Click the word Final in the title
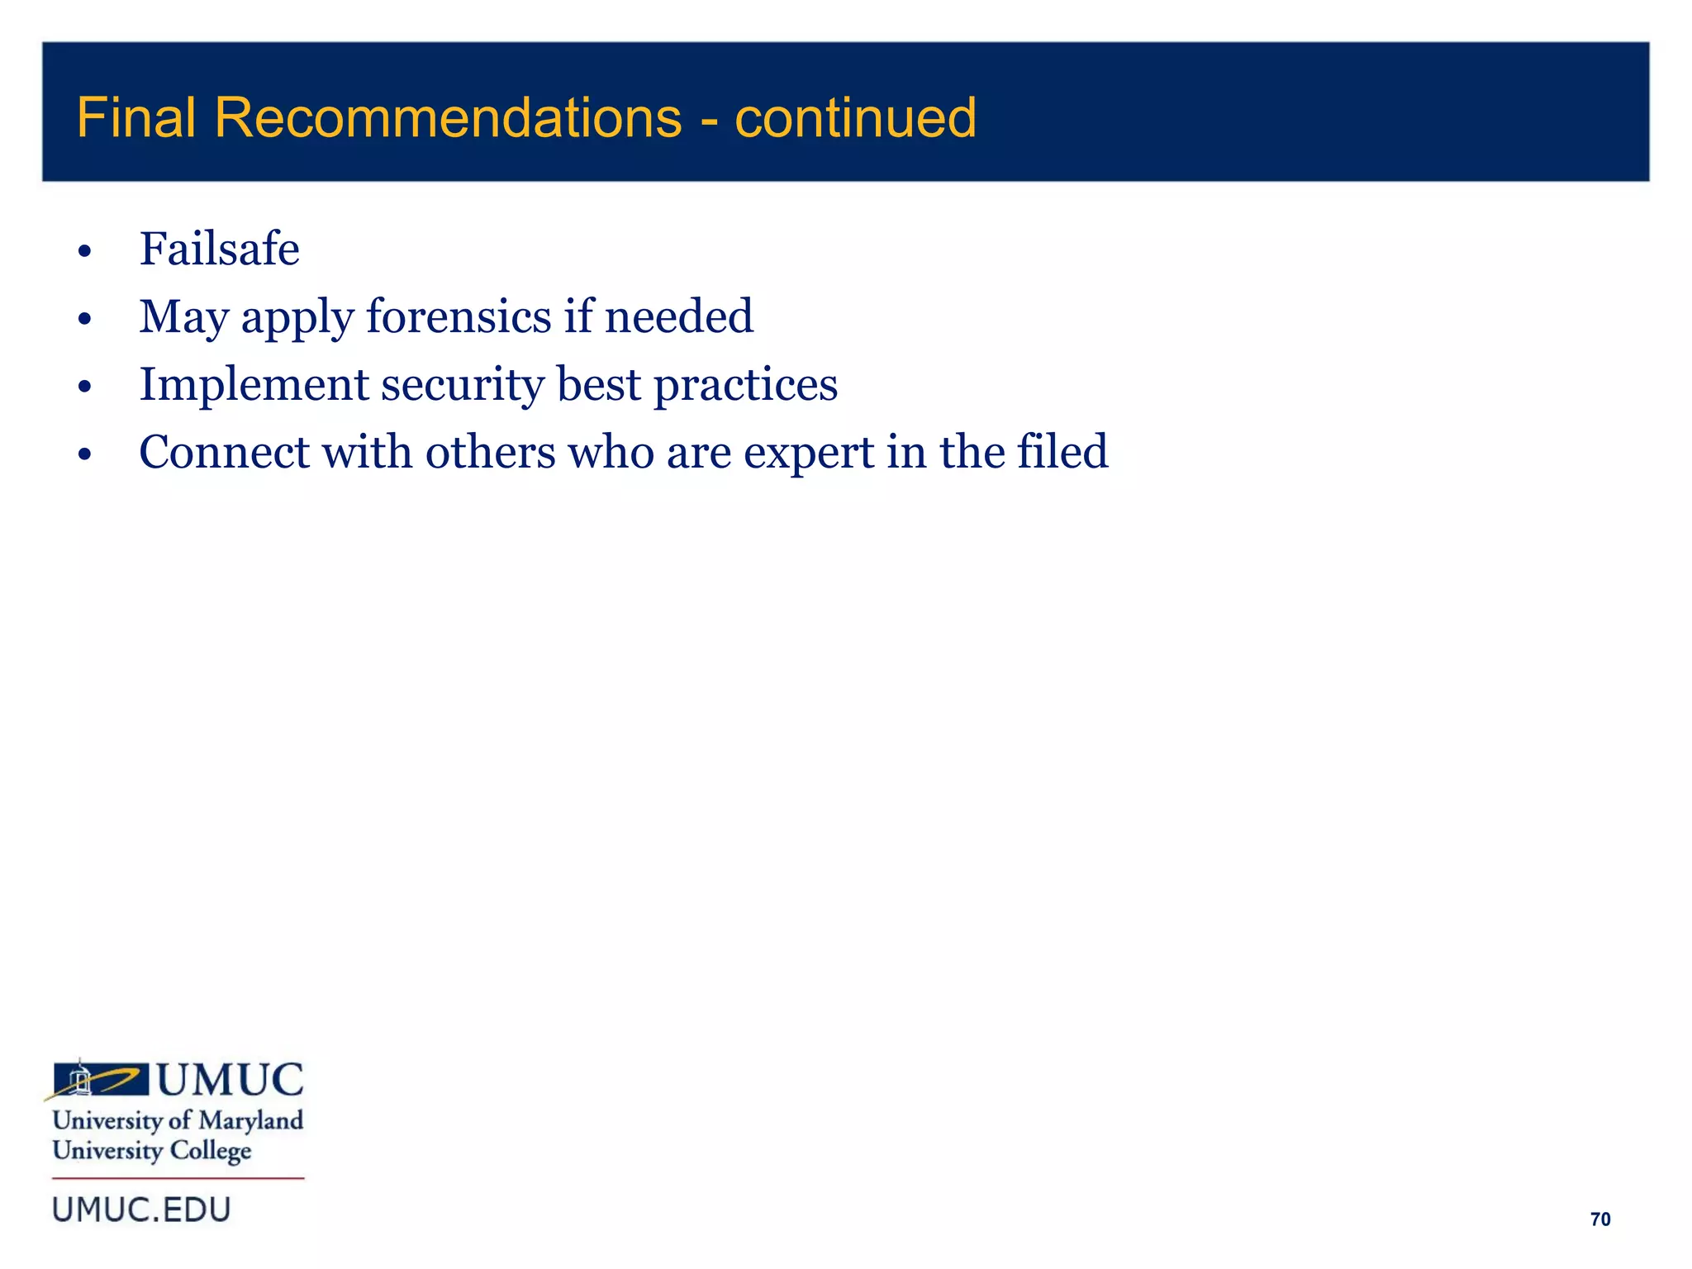click(135, 117)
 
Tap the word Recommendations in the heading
click(448, 117)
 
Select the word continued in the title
click(855, 117)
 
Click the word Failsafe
click(219, 249)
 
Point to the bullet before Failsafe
click(84, 251)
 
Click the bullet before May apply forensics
click(84, 319)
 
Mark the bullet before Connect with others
click(84, 454)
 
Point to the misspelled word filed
click(1062, 452)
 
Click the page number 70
click(1599, 1219)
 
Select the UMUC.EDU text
click(141, 1210)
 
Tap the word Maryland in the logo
click(251, 1120)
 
